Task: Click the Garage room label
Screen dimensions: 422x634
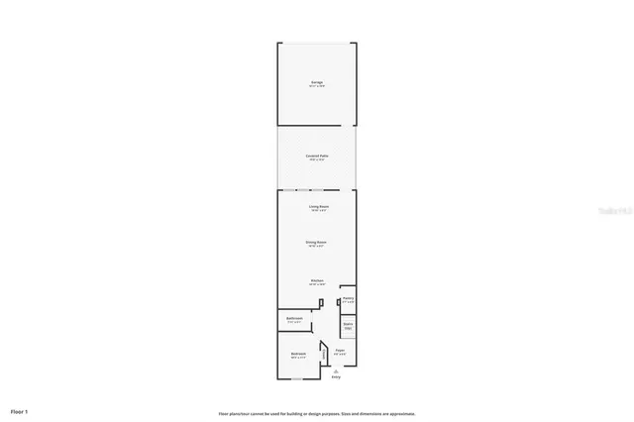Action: [x=317, y=82]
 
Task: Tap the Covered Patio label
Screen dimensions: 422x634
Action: [x=317, y=156]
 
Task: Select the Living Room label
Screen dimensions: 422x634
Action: [x=317, y=206]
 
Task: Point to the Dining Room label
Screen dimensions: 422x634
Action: [x=317, y=242]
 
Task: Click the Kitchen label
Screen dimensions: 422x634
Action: [x=317, y=280]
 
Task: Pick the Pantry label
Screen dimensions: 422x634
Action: [x=348, y=299]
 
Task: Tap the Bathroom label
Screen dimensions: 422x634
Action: [x=294, y=318]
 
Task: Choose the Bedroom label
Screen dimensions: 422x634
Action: [x=298, y=354]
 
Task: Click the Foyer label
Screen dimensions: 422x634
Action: [x=340, y=350]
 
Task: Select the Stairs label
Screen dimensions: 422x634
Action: [x=348, y=324]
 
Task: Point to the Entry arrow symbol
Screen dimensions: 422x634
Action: [x=336, y=370]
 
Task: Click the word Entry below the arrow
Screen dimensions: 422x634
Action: [x=336, y=377]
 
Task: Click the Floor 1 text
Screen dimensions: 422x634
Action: [x=20, y=410]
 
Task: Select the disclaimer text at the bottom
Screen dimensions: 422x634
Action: [x=317, y=413]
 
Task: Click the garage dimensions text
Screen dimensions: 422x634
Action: [x=317, y=87]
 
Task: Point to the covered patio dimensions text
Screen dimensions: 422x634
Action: [x=317, y=160]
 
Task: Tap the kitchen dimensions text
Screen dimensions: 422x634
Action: [x=317, y=285]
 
